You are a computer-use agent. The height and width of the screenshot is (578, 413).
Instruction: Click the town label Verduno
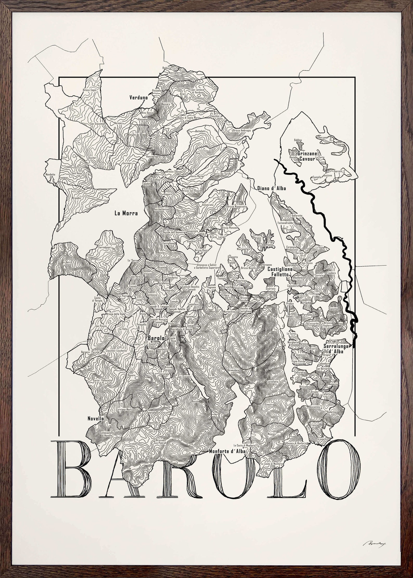[x=139, y=98]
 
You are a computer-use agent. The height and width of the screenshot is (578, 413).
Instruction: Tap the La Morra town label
[x=126, y=213]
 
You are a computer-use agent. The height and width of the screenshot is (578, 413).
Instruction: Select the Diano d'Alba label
[x=271, y=188]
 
